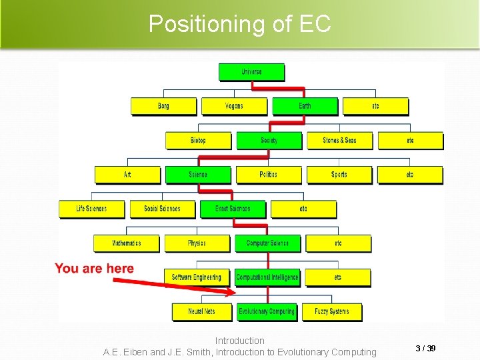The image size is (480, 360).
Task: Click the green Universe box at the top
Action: click(251, 72)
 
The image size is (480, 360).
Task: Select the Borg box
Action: click(163, 106)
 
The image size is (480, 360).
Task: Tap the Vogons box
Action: click(234, 106)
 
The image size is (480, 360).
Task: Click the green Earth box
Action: click(305, 106)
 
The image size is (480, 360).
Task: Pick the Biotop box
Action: click(198, 141)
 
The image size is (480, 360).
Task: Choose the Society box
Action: click(269, 141)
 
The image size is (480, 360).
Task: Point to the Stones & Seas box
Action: click(339, 141)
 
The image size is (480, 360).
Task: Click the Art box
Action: click(127, 175)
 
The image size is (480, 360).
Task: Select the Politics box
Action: click(269, 175)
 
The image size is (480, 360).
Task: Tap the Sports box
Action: click(339, 175)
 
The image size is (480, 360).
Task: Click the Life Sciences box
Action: click(91, 209)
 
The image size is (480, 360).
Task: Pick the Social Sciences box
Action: click(162, 209)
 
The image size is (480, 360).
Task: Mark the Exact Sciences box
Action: click(233, 209)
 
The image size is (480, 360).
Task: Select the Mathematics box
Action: click(127, 243)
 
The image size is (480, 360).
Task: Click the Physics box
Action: click(197, 243)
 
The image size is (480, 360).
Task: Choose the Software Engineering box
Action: click(197, 277)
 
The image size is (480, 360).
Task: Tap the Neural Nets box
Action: click(201, 311)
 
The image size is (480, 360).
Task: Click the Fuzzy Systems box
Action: click(331, 311)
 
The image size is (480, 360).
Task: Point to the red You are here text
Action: click(94, 269)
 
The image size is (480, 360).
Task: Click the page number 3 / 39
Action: click(425, 349)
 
